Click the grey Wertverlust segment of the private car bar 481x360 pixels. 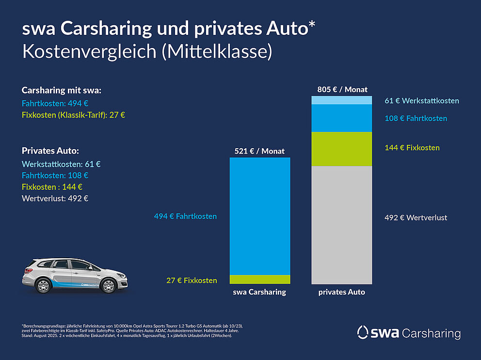pos(341,225)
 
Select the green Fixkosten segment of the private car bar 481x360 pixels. pos(341,149)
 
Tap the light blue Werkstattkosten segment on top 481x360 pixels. pos(341,100)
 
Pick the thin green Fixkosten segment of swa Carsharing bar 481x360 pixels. pos(259,280)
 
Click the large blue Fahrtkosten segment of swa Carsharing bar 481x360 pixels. pos(259,216)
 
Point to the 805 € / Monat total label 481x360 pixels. pos(342,89)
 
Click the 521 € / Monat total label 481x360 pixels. pos(260,151)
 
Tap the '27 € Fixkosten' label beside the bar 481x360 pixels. pos(192,281)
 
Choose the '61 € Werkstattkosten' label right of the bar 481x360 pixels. pos(421,101)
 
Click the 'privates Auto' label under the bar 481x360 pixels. pos(341,292)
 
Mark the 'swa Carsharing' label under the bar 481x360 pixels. pos(259,292)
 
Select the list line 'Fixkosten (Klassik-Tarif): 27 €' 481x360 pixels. pos(74,115)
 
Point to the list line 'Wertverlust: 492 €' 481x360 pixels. pos(55,198)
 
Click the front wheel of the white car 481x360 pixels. pos(108,286)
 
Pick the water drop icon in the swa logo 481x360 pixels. pos(363,332)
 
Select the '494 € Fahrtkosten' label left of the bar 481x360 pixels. pos(185,216)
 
